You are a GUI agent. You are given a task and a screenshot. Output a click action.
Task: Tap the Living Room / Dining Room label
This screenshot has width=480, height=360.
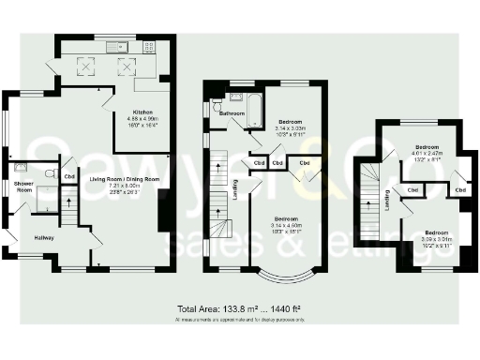[126, 178]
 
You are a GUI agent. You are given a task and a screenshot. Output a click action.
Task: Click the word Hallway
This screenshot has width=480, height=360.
[43, 238]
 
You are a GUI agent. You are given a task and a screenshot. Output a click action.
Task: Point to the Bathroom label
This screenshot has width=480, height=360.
[232, 112]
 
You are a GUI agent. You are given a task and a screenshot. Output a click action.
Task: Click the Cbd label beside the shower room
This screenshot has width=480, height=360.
[69, 175]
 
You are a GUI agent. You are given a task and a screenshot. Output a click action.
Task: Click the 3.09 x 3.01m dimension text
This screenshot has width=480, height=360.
[437, 238]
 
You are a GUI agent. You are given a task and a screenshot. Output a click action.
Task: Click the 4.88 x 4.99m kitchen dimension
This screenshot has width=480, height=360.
[142, 119]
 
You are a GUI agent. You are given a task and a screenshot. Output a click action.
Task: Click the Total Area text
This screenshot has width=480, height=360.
[239, 308]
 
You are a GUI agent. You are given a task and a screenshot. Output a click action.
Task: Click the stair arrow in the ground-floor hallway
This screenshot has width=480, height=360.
[68, 204]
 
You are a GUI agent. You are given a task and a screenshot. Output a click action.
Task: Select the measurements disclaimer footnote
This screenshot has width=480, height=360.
[239, 320]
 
